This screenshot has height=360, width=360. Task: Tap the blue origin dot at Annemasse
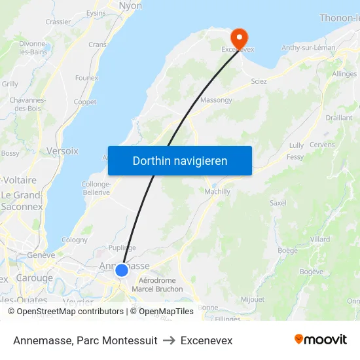121,270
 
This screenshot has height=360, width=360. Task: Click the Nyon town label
130,6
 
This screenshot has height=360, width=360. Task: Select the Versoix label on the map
62,151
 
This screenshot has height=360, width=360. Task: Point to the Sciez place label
259,81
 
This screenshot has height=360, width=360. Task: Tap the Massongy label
215,100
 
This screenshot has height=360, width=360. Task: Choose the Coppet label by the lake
85,102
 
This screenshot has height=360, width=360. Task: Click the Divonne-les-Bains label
33,48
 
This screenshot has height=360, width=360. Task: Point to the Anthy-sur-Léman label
308,48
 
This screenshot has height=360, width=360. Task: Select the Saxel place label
278,203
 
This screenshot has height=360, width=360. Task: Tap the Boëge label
287,250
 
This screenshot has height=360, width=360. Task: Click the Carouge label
34,278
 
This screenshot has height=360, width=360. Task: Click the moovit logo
320,339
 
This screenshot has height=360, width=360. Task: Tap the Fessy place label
295,157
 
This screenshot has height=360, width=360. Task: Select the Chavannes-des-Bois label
26,104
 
